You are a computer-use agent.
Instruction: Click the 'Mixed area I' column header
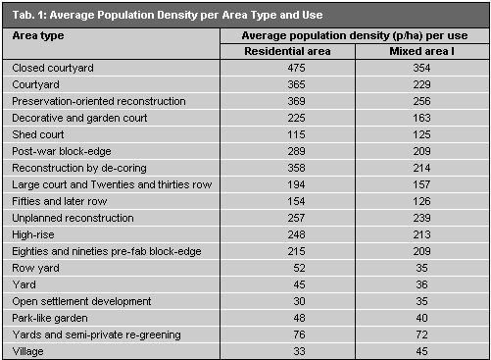point(418,50)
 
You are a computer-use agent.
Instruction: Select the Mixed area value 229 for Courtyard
point(418,84)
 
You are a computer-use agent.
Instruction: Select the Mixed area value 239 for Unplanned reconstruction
point(418,217)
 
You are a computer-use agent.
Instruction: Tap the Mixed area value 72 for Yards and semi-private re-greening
point(418,334)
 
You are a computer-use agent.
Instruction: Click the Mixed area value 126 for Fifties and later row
point(418,200)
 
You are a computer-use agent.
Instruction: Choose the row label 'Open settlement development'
point(82,301)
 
